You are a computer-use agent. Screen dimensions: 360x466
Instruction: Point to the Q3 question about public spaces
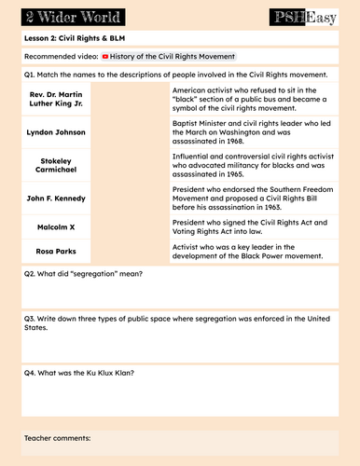click(177, 322)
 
